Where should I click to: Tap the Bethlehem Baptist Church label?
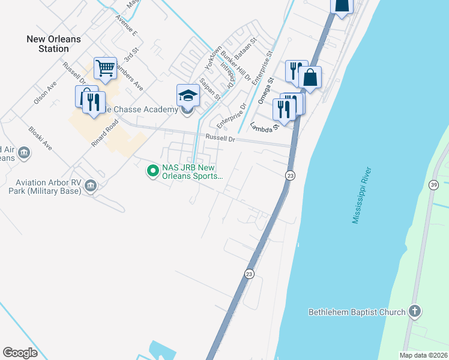click(x=357, y=312)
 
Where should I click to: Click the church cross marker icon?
click(x=414, y=311)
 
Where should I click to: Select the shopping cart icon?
click(x=105, y=68)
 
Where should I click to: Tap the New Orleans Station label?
click(x=53, y=43)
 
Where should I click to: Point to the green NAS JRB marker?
click(x=153, y=172)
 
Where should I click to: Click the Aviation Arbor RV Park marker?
click(x=91, y=186)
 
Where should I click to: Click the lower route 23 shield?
click(x=249, y=273)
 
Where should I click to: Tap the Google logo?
click(x=20, y=352)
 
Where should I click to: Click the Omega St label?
click(x=265, y=90)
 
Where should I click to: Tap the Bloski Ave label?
click(x=40, y=138)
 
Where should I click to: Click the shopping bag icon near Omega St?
click(x=310, y=77)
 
